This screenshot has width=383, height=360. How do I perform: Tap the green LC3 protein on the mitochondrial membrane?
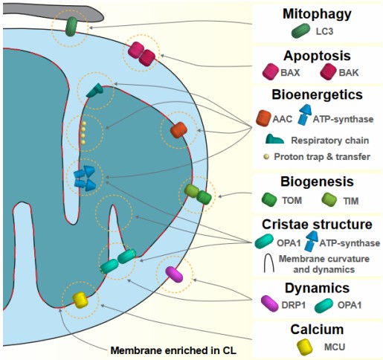[71, 26]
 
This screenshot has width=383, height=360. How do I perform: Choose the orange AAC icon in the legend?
[263, 118]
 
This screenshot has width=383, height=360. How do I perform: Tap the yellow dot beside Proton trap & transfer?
[267, 156]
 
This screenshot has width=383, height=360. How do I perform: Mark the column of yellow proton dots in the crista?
[84, 132]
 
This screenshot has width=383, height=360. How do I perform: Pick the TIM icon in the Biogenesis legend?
[330, 201]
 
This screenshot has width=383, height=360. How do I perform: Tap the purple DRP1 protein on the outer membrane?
[174, 274]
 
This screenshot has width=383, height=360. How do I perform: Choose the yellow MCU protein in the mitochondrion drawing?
[80, 300]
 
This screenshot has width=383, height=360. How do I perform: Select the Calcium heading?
[318, 328]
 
